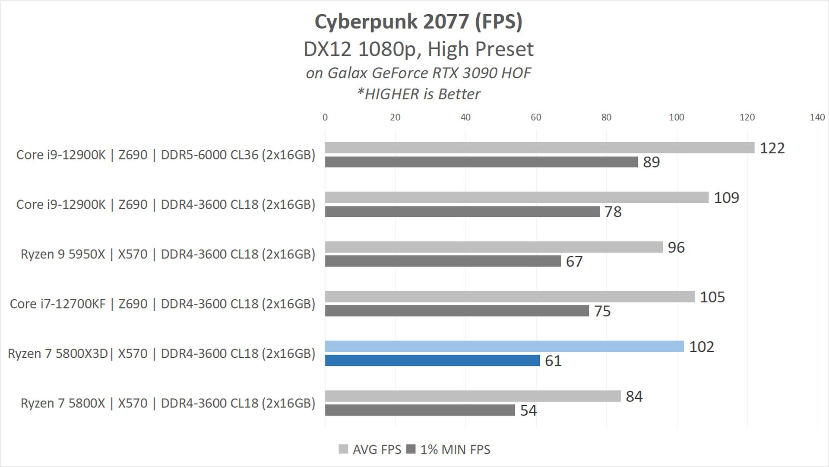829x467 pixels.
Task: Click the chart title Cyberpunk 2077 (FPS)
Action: point(418,22)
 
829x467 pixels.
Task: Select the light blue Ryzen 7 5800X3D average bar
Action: point(504,346)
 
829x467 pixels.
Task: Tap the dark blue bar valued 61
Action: point(432,360)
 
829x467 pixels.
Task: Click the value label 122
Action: point(772,148)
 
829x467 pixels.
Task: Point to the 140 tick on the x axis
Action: point(817,117)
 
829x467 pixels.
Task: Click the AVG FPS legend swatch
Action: point(343,449)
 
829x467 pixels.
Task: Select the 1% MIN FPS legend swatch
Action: point(411,449)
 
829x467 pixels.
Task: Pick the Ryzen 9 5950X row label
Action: point(168,254)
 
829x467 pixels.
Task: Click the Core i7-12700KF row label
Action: point(162,304)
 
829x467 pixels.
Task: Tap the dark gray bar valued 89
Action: point(481,162)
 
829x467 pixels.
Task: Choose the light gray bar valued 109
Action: point(517,197)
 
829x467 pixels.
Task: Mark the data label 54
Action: point(528,410)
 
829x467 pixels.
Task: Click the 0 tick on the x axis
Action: point(325,117)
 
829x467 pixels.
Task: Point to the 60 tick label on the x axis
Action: point(536,117)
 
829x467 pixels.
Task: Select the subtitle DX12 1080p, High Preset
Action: point(418,49)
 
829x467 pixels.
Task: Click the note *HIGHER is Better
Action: point(418,94)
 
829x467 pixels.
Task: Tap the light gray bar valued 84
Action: point(473,396)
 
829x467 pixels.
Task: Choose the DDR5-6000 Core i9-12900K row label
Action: point(166,155)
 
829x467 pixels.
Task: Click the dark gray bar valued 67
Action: point(443,261)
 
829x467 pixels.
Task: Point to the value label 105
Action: point(712,297)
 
